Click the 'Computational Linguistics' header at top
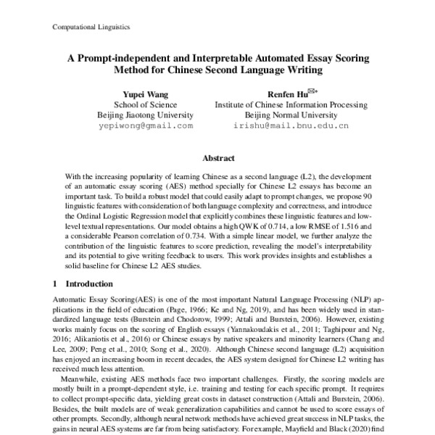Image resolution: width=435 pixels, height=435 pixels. tap(91, 27)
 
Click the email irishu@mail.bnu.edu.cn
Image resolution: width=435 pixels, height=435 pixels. tap(291, 125)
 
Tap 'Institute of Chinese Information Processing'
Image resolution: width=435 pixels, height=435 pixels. tap(291, 104)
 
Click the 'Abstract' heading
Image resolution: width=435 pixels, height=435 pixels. tap(218, 158)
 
